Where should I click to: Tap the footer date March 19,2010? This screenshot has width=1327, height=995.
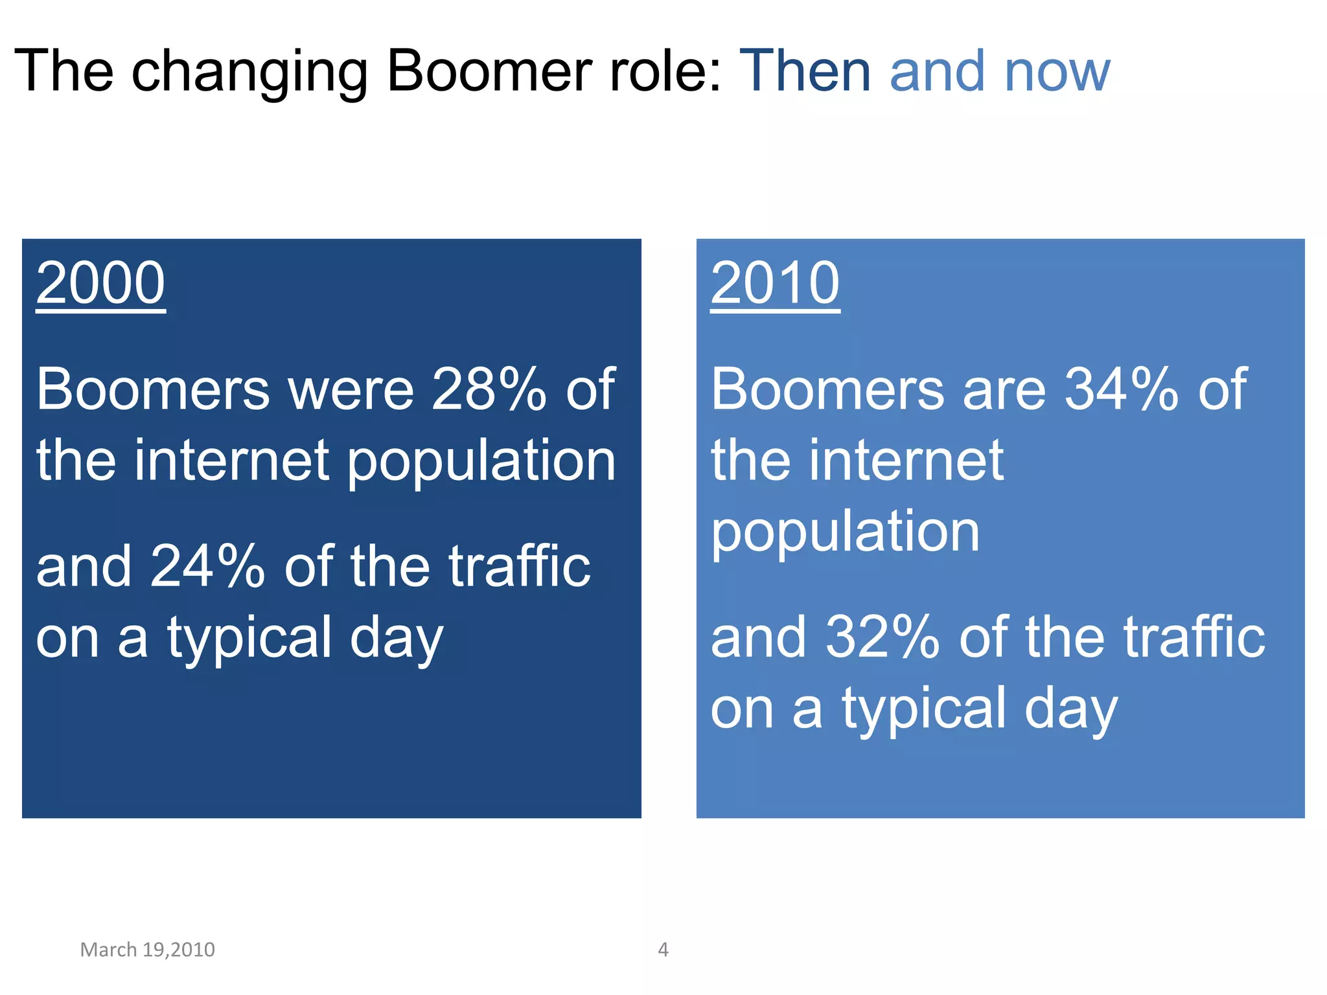[147, 950]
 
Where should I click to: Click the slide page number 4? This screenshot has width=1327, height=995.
[663, 950]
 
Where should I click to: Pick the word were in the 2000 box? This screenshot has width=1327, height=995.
[351, 391]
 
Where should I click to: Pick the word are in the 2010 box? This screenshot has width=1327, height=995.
[1004, 391]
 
